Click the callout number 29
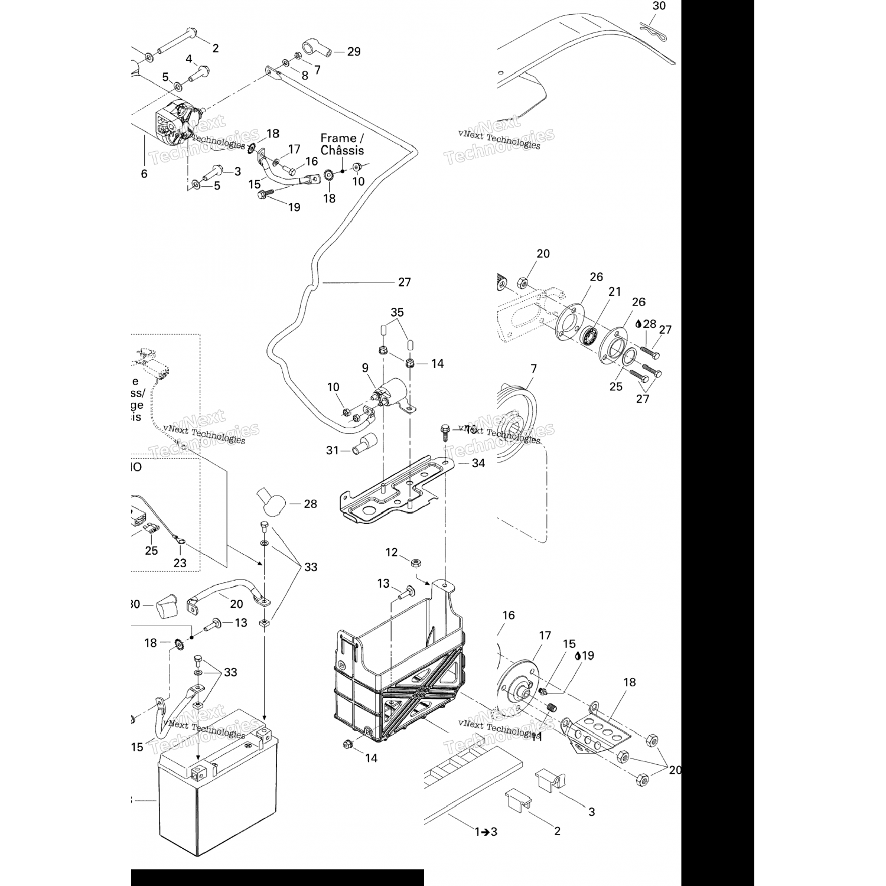tap(354, 52)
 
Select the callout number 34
tap(478, 463)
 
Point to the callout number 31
tap(333, 451)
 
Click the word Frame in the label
tap(338, 138)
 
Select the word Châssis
tap(342, 151)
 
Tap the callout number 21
tap(615, 291)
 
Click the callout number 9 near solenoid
tap(365, 367)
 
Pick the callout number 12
tap(392, 552)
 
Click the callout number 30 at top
tap(659, 6)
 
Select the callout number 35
tap(397, 312)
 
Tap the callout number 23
tap(180, 563)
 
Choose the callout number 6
tap(144, 174)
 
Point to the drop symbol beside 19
tap(577, 655)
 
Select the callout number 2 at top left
tap(215, 48)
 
